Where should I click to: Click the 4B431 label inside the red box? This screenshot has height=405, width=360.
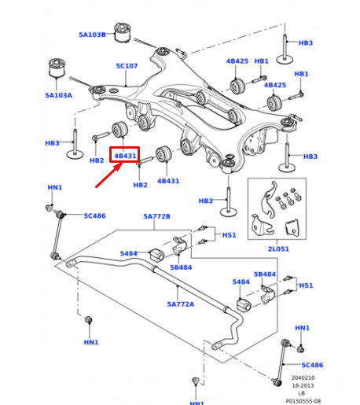[x=125, y=156]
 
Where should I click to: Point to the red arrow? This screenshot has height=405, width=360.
[x=109, y=175]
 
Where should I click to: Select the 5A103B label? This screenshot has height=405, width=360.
[x=92, y=35]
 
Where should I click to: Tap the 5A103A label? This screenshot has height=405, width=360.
[x=58, y=95]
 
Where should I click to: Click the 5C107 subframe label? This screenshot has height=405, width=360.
[x=127, y=66]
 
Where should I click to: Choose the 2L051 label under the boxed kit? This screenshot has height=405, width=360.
[x=278, y=249]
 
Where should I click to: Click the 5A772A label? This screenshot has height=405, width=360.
[x=181, y=304]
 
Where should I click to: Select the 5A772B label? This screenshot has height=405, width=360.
[x=156, y=216]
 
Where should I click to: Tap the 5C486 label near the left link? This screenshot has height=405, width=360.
[x=94, y=215]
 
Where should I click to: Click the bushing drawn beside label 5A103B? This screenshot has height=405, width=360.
[x=123, y=32]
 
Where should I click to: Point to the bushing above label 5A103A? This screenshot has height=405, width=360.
[x=57, y=68]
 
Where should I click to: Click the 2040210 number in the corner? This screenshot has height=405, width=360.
[x=303, y=377]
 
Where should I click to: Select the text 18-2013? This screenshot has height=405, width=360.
[x=303, y=385]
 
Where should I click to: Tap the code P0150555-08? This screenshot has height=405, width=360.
[x=303, y=401]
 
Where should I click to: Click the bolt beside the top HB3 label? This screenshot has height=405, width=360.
[x=285, y=49]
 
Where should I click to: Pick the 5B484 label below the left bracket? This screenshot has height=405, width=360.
[x=181, y=267]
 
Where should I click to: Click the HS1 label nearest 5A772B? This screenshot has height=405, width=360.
[x=229, y=235]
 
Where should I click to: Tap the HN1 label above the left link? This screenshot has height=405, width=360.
[x=55, y=187]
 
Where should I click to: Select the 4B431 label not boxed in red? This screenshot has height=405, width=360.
[x=168, y=181]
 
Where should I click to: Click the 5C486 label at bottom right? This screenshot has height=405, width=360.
[x=312, y=365]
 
